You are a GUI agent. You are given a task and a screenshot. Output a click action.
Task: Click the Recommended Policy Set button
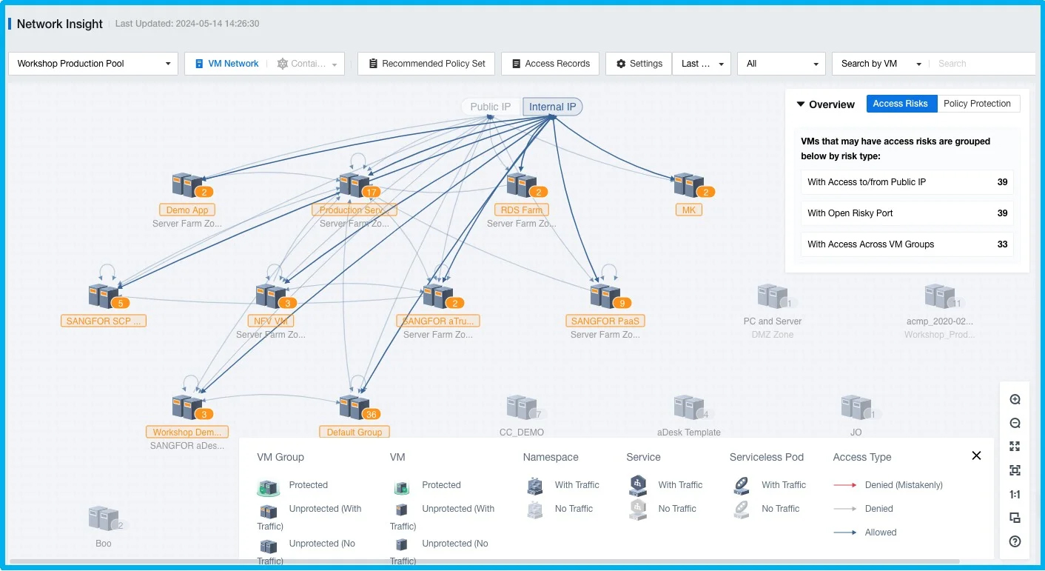pos(426,64)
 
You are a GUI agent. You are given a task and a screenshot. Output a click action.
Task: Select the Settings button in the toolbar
pos(639,64)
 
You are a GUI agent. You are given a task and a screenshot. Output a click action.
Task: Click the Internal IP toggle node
pos(552,107)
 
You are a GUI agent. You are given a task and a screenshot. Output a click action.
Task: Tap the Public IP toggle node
pos(490,107)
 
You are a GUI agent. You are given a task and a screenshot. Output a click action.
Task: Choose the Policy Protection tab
pos(977,104)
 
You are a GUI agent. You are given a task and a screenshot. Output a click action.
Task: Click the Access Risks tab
pos(900,104)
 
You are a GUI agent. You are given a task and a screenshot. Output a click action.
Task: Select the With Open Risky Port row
pos(907,213)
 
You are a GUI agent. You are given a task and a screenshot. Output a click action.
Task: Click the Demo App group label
pos(187,210)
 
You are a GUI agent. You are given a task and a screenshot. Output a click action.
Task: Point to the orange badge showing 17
pos(372,192)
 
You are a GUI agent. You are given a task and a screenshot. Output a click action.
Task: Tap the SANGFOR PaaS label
pos(605,321)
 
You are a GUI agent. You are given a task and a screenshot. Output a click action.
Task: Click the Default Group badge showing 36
pos(372,414)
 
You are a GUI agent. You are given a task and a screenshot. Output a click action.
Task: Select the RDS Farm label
pos(521,210)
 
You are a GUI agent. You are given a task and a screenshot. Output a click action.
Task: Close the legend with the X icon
pos(976,456)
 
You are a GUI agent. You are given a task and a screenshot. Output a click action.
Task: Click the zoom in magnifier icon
pos(1015,400)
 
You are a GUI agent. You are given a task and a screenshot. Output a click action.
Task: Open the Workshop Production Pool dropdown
pos(93,64)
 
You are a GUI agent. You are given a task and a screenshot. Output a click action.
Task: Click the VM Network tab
pos(226,64)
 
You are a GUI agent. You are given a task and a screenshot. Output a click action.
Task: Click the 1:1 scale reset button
pos(1015,495)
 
